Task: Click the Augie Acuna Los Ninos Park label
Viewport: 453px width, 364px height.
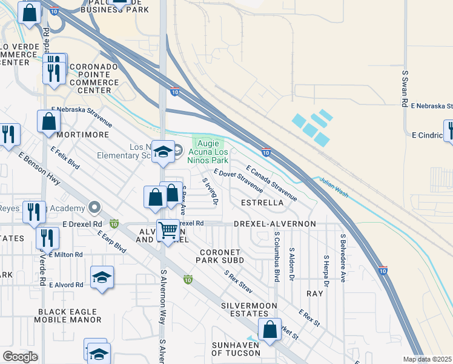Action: click(x=210, y=152)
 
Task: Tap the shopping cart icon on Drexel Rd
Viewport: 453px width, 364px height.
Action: click(x=167, y=230)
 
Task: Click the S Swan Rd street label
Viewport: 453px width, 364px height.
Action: click(x=405, y=89)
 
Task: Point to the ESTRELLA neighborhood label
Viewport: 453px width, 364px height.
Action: click(x=262, y=202)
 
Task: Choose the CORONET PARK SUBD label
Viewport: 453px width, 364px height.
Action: click(x=219, y=256)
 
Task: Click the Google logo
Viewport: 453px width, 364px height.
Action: click(x=20, y=357)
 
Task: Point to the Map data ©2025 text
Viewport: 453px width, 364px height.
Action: click(x=427, y=359)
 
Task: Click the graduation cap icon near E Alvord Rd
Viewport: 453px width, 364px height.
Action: click(x=102, y=278)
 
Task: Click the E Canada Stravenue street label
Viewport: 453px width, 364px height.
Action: click(x=271, y=183)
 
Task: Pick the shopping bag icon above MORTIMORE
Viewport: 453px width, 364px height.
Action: click(x=48, y=121)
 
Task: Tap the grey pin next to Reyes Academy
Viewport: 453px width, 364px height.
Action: click(x=94, y=208)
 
